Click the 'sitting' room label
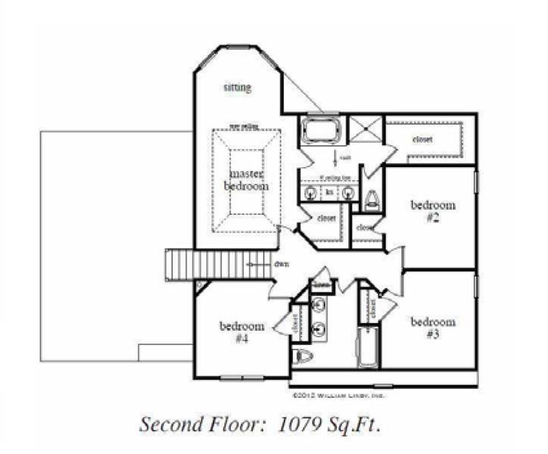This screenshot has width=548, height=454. coord(237,88)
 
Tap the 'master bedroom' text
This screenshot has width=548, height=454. coord(248,180)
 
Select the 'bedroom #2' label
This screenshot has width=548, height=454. coord(433,210)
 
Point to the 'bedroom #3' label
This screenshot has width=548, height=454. coord(433,327)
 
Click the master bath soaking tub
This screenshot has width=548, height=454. coord(322,129)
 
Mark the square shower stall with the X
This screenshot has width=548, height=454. coord(366,129)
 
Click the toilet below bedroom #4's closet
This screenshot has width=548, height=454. coord(303,356)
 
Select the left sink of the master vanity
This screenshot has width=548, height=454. coord(310,194)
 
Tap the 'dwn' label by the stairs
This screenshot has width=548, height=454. coord(281,265)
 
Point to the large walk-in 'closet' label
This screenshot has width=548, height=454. coord(423,139)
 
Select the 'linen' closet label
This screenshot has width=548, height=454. coord(321,285)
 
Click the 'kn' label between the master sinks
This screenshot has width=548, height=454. coord(329,193)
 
